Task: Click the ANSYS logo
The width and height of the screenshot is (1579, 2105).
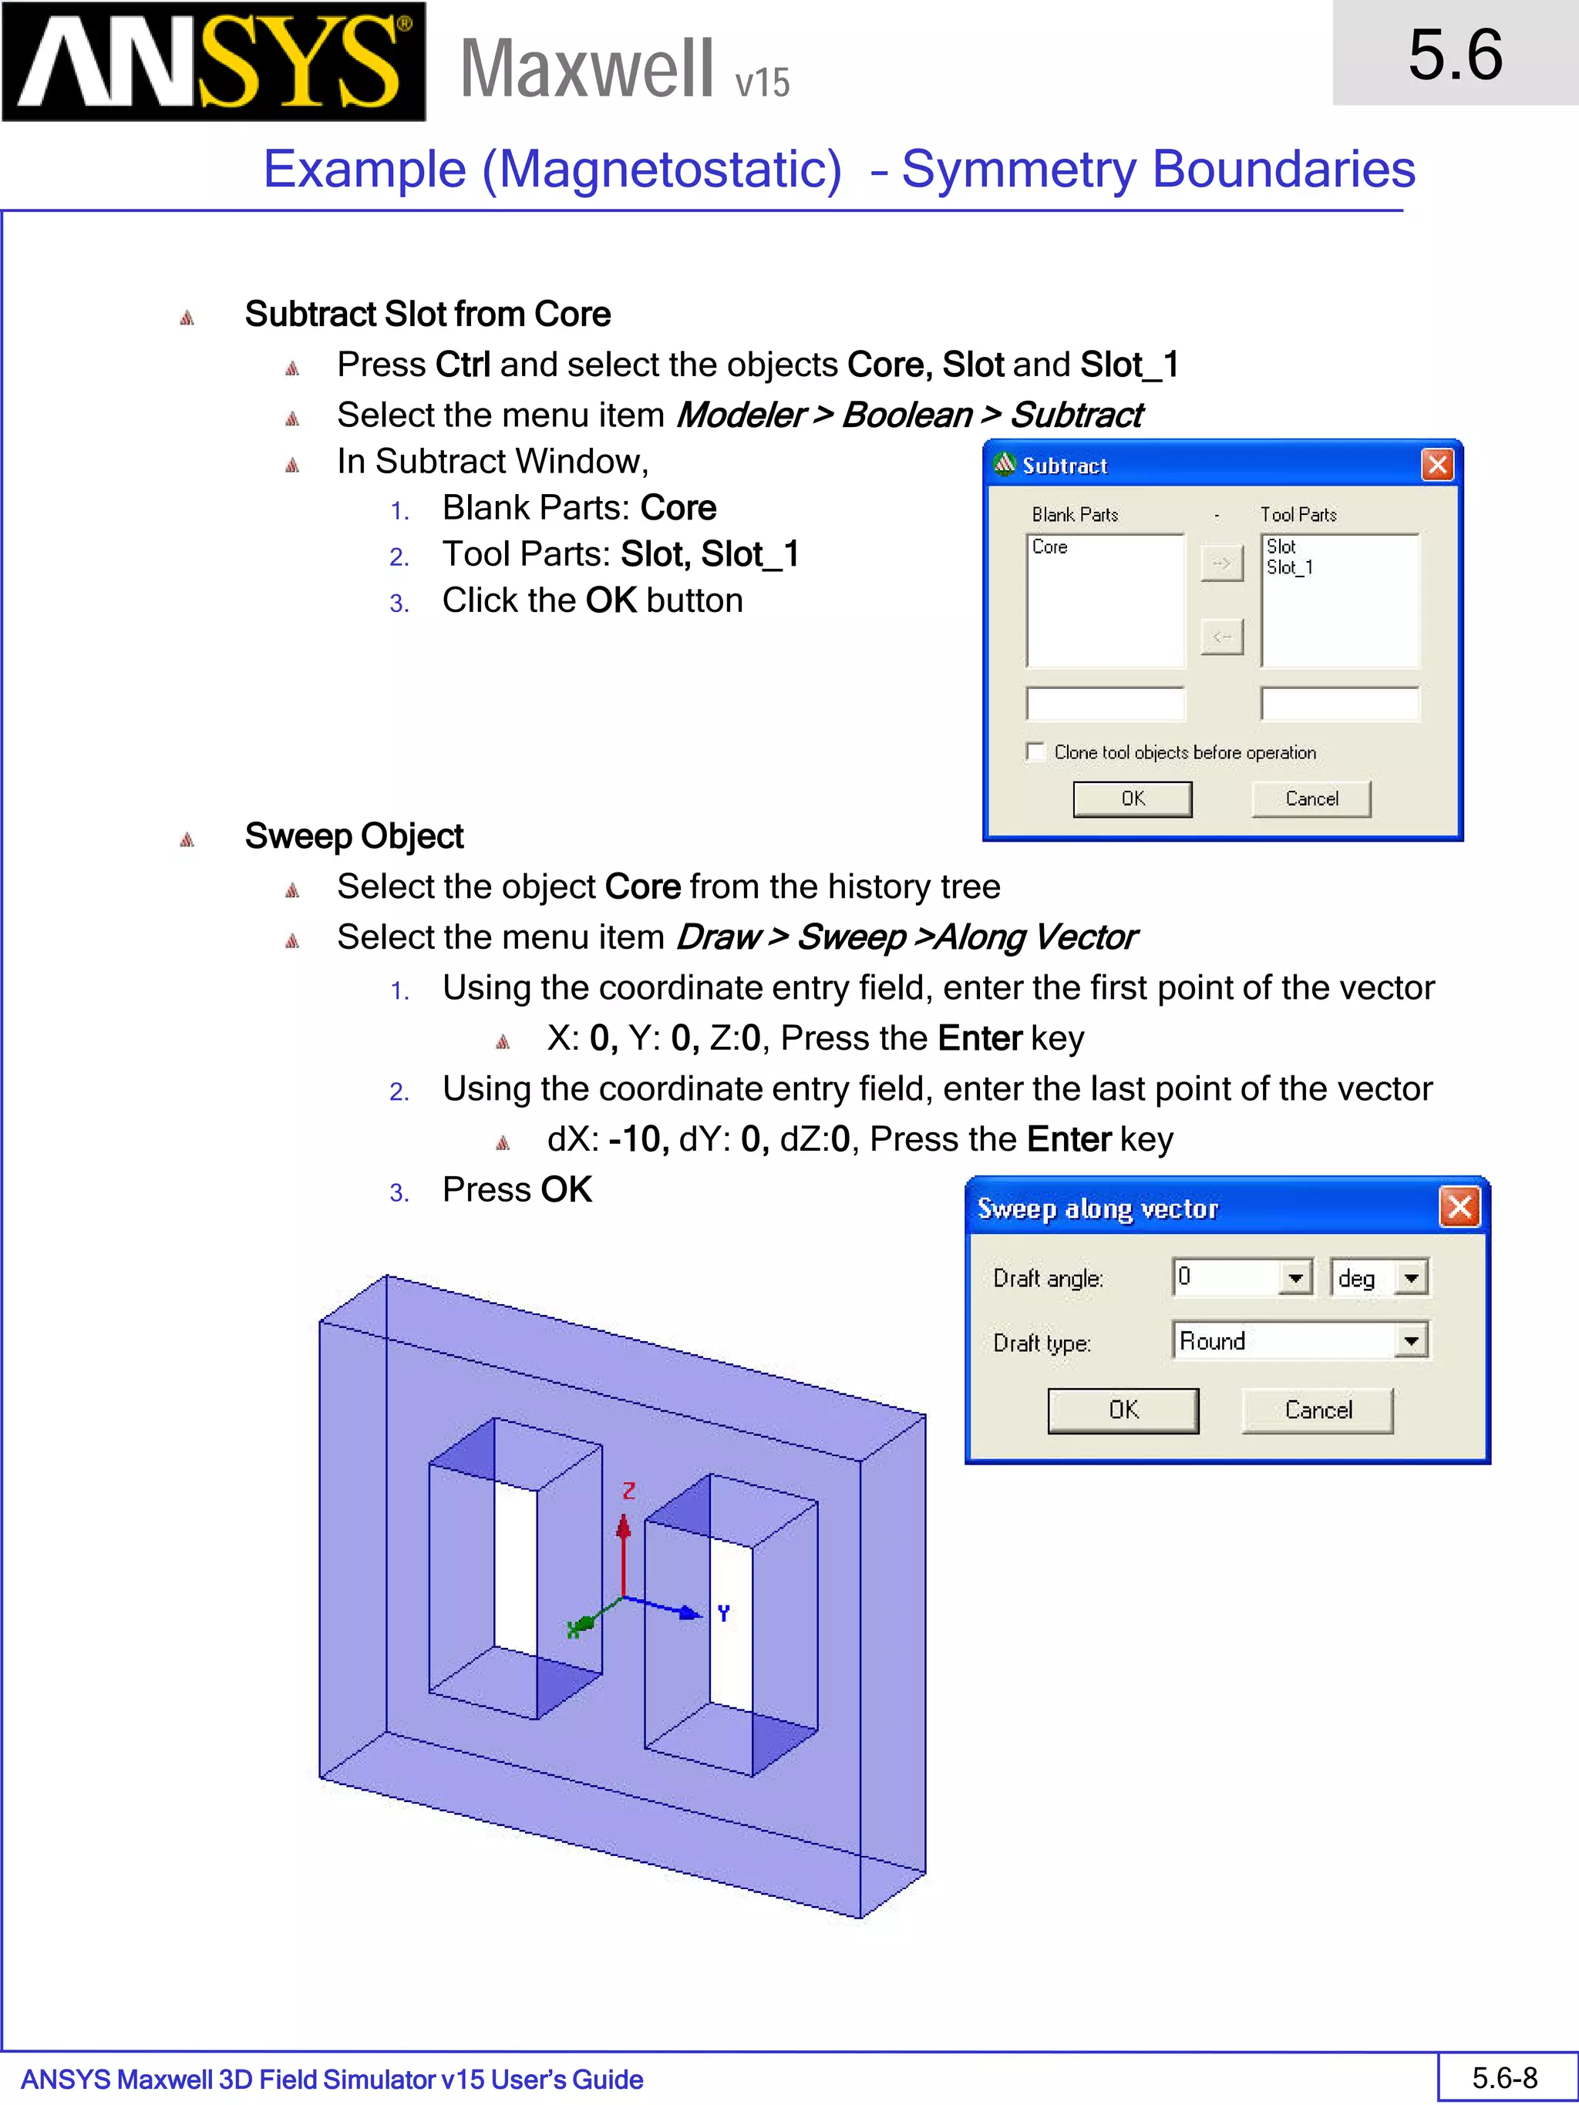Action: [x=214, y=61]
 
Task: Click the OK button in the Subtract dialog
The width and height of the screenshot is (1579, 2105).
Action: [x=1132, y=799]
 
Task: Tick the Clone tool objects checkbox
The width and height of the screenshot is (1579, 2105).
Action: [x=1035, y=752]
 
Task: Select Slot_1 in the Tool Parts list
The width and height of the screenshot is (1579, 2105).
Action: [x=1290, y=568]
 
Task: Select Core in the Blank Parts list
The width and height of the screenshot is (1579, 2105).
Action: [x=1050, y=547]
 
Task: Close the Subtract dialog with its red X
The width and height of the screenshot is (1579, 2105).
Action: [x=1437, y=466]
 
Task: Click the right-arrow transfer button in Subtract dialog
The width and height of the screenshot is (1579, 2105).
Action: [x=1222, y=563]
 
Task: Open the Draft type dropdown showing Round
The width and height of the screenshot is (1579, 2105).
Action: [x=1410, y=1342]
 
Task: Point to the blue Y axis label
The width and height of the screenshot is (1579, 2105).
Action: [x=723, y=1613]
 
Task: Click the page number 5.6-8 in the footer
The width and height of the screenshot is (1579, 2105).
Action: [x=1505, y=2078]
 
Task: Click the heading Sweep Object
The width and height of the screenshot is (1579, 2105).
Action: [x=354, y=836]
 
